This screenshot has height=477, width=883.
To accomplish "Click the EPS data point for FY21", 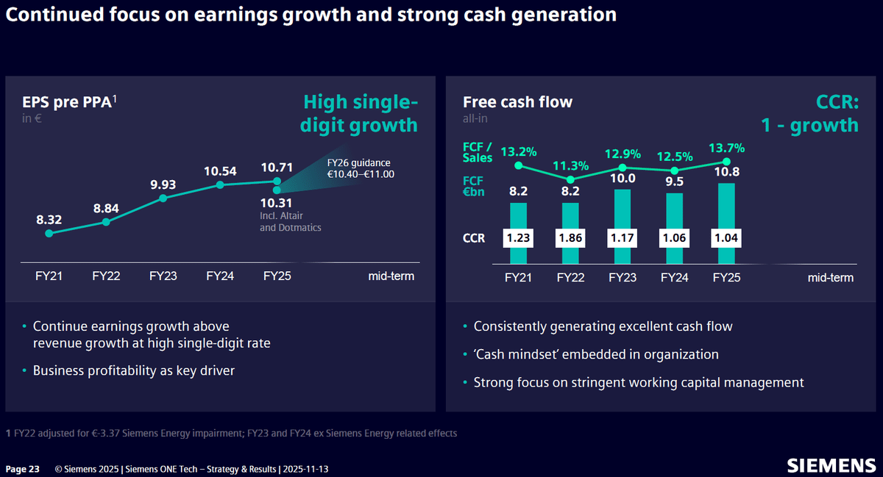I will (49, 234).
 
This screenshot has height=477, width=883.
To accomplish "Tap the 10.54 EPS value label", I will (219, 171).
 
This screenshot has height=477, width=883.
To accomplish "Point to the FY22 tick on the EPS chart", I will (106, 276).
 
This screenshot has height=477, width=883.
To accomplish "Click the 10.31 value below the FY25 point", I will (276, 202).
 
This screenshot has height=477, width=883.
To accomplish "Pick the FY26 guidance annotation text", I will (360, 168).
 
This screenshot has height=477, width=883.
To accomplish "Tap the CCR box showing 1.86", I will (570, 238).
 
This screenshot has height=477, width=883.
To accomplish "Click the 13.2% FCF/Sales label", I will (519, 152).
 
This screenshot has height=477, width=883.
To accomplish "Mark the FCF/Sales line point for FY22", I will (570, 179).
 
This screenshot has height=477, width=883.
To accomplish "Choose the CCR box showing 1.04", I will (726, 238).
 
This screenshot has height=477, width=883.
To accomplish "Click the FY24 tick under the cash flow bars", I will (674, 278).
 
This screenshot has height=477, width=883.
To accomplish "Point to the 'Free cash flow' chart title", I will (517, 102).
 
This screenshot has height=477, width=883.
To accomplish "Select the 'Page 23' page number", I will (22, 468).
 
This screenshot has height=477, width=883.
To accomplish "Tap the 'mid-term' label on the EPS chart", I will (391, 276).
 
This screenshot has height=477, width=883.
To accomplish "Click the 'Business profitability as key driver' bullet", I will (133, 370).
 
